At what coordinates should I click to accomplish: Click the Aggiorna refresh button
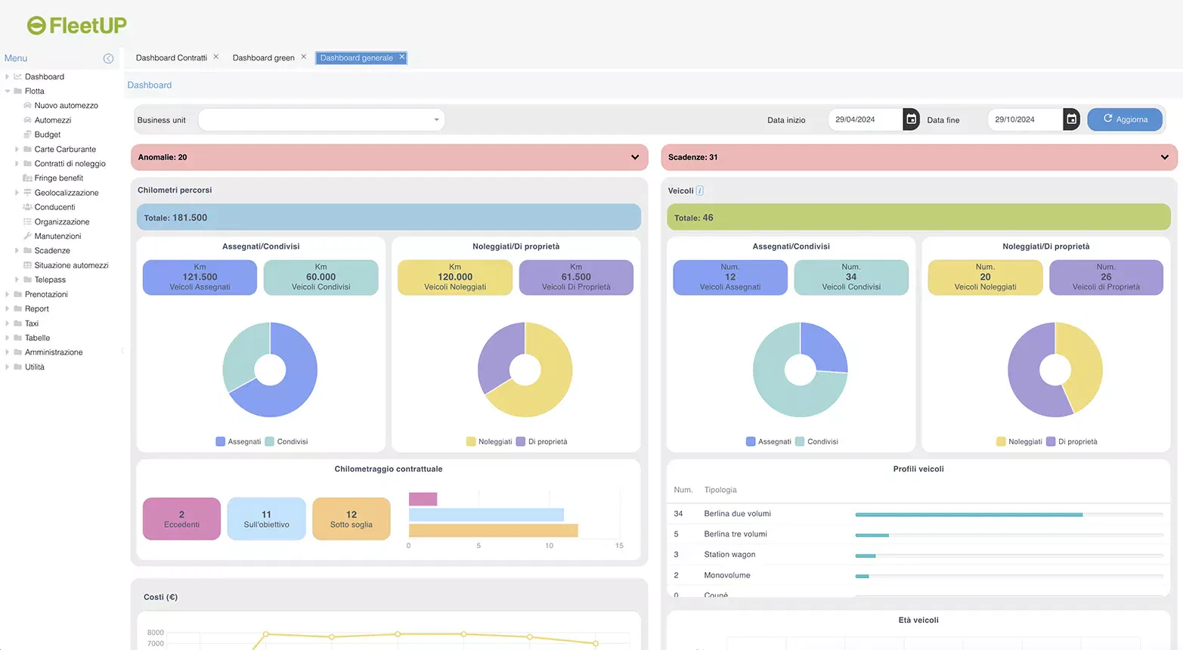click(x=1124, y=119)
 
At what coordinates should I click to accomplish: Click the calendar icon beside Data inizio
click(x=911, y=119)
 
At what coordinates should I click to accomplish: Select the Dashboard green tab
click(x=263, y=58)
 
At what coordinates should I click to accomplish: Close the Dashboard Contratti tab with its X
click(x=216, y=57)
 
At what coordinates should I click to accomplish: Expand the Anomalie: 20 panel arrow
click(x=634, y=157)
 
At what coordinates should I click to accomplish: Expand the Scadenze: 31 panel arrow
click(x=1164, y=157)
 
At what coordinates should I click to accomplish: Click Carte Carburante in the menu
click(x=65, y=150)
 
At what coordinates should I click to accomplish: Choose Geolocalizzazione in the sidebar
click(x=67, y=193)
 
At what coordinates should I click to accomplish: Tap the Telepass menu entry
click(x=50, y=280)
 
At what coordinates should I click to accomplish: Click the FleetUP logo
click(x=77, y=26)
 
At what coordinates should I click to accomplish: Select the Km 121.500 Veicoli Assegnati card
click(x=200, y=277)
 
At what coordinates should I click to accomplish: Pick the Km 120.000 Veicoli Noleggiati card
click(x=455, y=277)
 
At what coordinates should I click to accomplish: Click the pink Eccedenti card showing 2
click(x=181, y=518)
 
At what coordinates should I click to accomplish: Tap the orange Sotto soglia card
click(x=351, y=518)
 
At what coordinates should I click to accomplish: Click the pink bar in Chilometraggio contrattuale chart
click(x=423, y=499)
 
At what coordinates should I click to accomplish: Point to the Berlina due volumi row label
click(x=737, y=514)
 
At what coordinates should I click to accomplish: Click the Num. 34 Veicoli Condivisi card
click(x=851, y=277)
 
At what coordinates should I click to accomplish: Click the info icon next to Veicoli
click(x=699, y=190)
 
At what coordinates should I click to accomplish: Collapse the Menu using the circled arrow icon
click(x=108, y=58)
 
